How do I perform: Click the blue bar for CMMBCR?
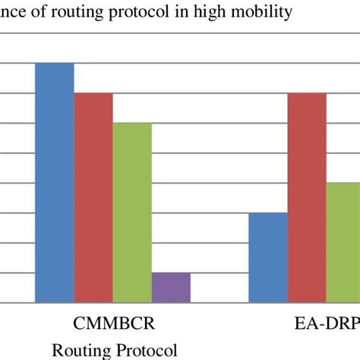click(x=54, y=182)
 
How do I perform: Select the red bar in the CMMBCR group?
click(x=93, y=197)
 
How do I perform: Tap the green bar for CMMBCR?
click(x=132, y=213)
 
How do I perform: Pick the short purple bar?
click(x=171, y=288)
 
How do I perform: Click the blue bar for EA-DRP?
click(x=269, y=257)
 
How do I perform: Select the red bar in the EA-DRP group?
click(x=308, y=197)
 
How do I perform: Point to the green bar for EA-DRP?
click(x=344, y=242)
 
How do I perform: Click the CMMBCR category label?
click(x=114, y=324)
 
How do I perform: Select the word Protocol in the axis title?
click(x=144, y=350)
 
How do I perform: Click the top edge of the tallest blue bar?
click(x=54, y=63)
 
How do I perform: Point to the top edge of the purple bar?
click(x=171, y=273)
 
